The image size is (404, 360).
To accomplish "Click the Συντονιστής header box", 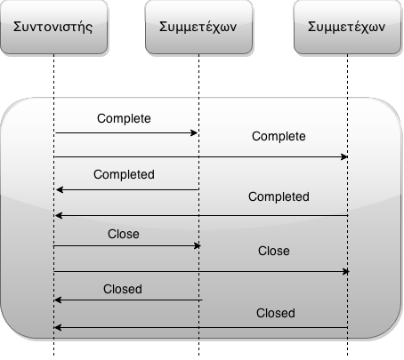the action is pos(53,27).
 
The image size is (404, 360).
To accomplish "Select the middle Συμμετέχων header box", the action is pos(198,27).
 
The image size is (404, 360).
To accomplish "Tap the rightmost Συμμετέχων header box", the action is pos(347,27).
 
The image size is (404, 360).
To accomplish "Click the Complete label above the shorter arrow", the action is pos(124,119).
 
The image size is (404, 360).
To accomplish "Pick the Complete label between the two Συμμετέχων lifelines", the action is pos(279,137).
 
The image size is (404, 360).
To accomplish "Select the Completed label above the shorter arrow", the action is pos(124,174).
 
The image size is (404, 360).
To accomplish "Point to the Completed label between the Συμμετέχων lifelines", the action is pos(279,196).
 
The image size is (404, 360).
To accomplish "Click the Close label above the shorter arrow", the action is pos(124,234).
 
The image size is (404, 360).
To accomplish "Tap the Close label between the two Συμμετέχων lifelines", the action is pos(274,251).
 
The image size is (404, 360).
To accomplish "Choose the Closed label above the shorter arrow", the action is pos(123,289).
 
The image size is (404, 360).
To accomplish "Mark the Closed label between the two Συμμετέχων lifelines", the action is pos(276,313).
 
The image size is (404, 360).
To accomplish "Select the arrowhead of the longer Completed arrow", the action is pos(59,216).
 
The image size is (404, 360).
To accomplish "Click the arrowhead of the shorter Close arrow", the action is pos(198,245).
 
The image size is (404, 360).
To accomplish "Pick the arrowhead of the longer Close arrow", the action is pos(346,271).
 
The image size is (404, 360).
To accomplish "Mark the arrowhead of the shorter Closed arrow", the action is pos(58,300).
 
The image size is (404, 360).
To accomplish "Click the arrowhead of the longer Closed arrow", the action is pos(58,327).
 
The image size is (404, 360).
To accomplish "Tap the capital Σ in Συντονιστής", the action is pos(18,27).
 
